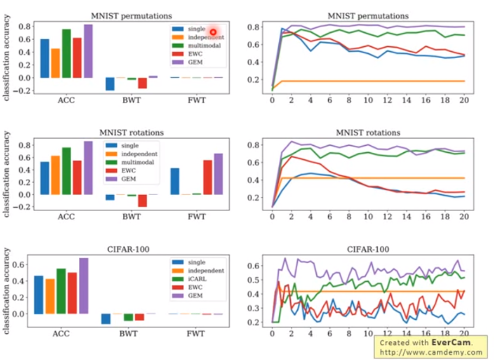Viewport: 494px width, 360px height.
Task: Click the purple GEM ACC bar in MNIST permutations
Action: point(88,51)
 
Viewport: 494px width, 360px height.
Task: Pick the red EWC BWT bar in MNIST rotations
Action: point(142,200)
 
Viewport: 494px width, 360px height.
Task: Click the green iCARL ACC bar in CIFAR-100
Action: point(61,291)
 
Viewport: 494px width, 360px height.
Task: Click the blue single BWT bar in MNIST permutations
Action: point(110,84)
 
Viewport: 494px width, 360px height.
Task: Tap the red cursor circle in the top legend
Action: point(213,33)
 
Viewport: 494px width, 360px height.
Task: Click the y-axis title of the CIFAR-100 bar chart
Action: point(7,290)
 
